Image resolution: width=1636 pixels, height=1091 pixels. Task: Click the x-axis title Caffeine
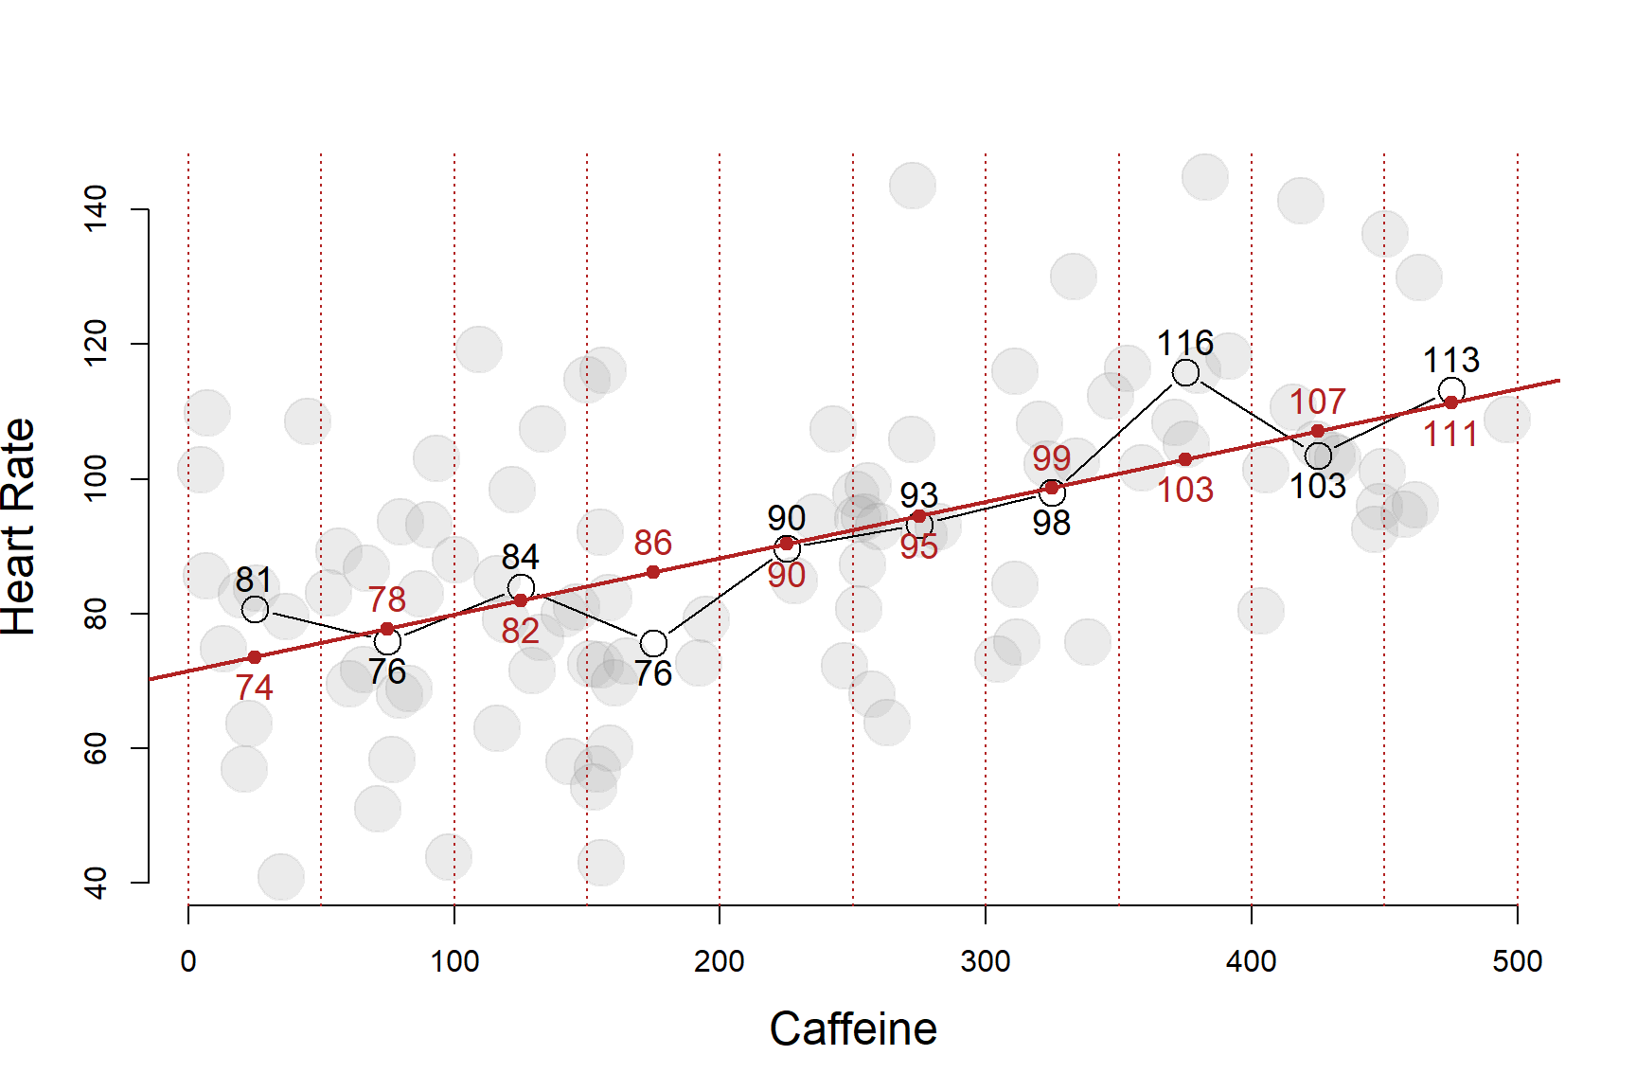click(853, 1029)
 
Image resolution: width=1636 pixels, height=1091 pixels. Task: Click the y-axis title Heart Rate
click(19, 527)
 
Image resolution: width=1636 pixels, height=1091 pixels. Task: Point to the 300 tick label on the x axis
click(986, 962)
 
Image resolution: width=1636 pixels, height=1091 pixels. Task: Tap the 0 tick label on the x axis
click(188, 962)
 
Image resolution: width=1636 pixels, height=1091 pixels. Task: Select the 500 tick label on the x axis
click(1517, 962)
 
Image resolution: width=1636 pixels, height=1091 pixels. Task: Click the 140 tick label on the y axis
click(97, 208)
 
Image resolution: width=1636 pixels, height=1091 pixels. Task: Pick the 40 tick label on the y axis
click(97, 883)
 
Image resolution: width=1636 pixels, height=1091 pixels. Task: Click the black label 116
click(1185, 343)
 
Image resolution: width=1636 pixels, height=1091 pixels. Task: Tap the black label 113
click(1451, 360)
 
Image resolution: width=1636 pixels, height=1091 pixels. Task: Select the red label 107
click(1317, 402)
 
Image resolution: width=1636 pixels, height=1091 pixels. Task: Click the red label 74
click(255, 688)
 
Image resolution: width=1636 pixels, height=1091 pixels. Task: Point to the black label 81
click(254, 579)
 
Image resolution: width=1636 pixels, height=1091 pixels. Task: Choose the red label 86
click(652, 543)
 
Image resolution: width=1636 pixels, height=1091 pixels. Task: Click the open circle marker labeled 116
click(1185, 373)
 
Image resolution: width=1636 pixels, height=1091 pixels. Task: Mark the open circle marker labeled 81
click(255, 609)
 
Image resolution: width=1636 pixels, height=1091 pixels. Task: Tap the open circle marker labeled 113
click(1451, 390)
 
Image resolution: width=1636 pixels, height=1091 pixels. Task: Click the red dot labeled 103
click(1185, 459)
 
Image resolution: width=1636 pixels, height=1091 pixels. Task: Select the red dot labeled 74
click(255, 657)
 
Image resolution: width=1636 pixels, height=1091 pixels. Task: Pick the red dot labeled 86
click(653, 572)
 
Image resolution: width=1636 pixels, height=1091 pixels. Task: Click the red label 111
click(1450, 435)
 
